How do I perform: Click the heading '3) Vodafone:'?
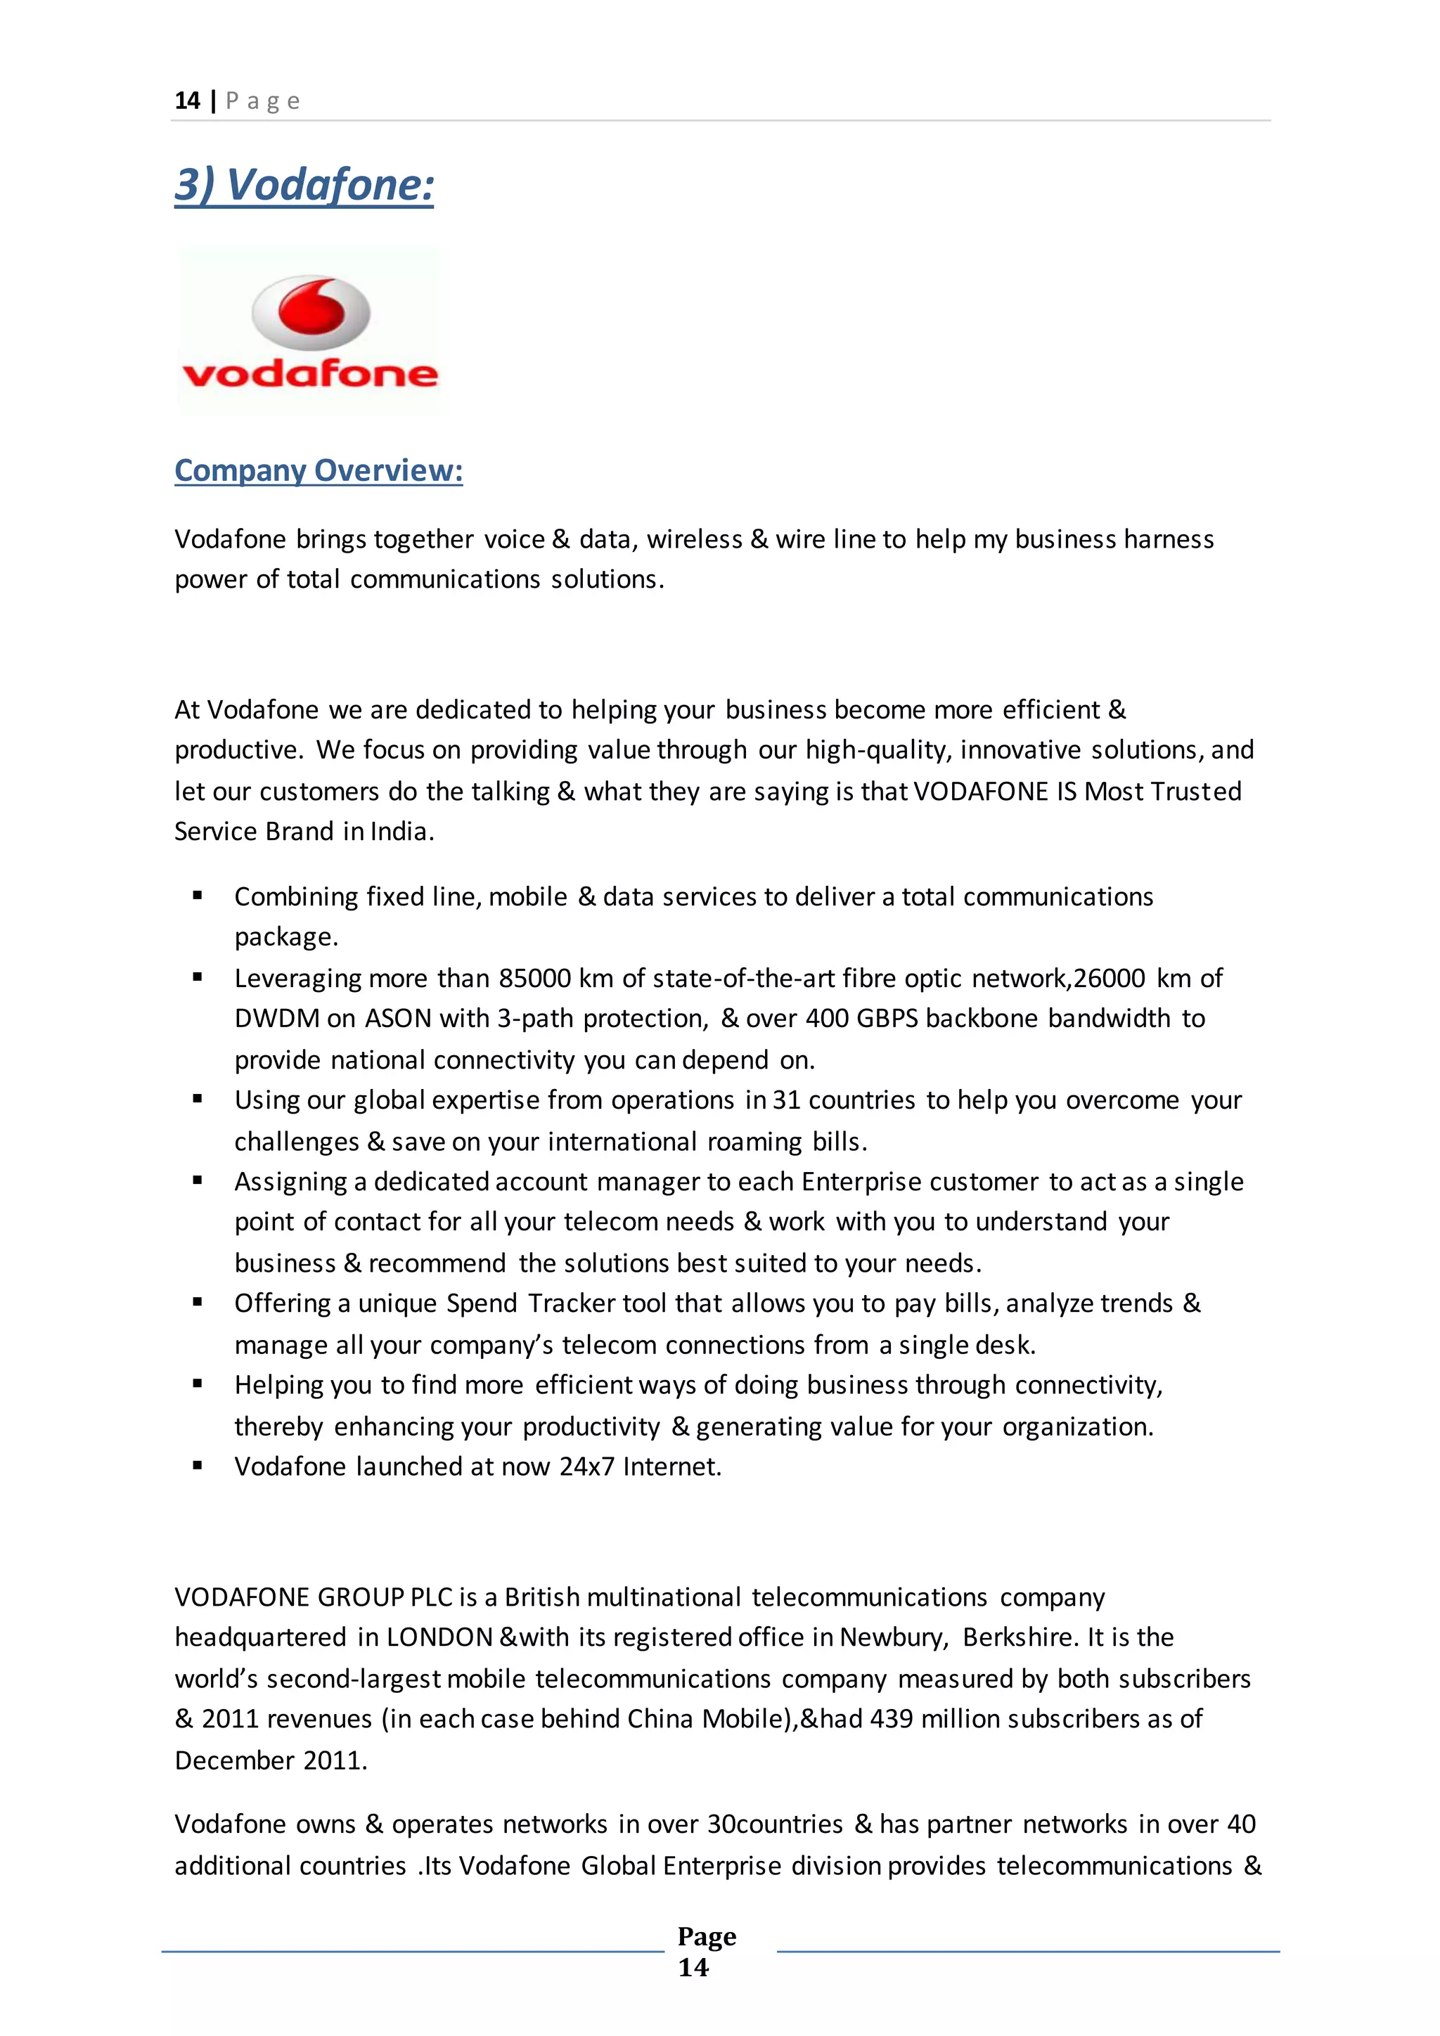(304, 186)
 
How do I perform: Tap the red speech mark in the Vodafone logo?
(311, 307)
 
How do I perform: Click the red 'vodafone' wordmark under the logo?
(310, 373)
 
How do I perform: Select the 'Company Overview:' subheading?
(319, 471)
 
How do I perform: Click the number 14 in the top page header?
(187, 101)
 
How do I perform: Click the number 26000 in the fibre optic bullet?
(1110, 978)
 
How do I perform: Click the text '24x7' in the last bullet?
(586, 1467)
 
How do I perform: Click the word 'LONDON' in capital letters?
(439, 1637)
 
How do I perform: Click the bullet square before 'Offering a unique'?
(198, 1303)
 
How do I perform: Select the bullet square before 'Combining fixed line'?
(198, 896)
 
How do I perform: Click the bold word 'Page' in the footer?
(707, 1937)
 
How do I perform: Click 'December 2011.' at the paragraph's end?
(271, 1760)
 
